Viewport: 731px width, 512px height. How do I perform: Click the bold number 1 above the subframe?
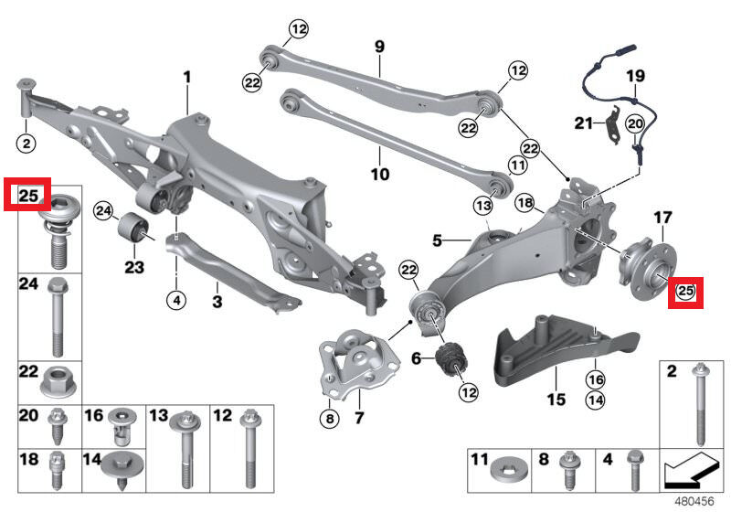pos(187,78)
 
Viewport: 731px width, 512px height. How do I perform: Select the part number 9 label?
pos(379,47)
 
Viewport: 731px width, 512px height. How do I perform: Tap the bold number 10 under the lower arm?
pos(380,175)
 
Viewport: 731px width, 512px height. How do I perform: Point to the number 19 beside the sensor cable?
pos(635,76)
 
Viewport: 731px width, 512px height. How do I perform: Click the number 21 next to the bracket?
pos(583,123)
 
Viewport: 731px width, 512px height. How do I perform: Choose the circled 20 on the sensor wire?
pos(635,124)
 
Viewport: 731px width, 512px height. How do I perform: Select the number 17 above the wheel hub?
pos(663,218)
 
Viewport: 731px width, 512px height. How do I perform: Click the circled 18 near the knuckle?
pos(525,203)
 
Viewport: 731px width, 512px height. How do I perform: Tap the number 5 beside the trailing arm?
pos(437,240)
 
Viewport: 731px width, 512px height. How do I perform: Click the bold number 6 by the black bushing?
pos(417,358)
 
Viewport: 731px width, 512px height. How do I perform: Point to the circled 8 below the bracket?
pos(330,418)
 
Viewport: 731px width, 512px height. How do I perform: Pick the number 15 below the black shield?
pos(556,400)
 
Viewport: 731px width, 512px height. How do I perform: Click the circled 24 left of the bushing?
pos(103,212)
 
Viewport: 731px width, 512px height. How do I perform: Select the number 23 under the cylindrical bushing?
pos(134,268)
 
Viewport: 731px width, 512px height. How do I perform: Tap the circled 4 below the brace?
pos(176,300)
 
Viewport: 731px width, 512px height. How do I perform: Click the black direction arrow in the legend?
pos(690,470)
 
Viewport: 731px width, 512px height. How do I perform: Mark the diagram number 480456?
pos(694,501)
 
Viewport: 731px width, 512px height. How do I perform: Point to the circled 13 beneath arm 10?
pos(482,205)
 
